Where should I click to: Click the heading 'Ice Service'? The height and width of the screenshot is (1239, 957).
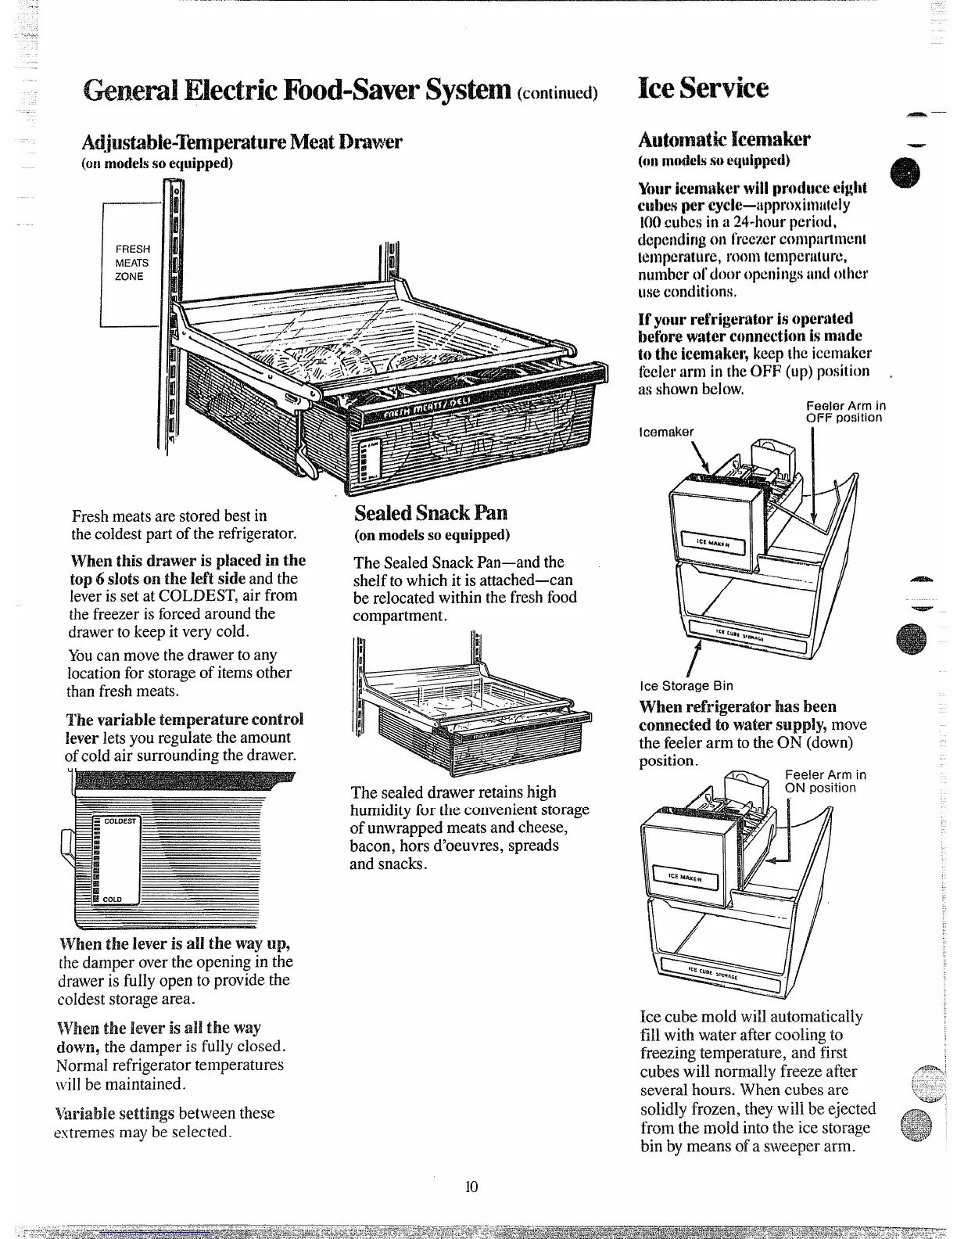tap(704, 87)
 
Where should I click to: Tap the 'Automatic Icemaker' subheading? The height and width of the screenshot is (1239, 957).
tap(724, 139)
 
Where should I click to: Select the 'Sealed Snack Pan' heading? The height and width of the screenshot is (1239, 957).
tap(431, 513)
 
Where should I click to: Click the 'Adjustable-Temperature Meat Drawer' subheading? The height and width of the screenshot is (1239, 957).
tap(242, 142)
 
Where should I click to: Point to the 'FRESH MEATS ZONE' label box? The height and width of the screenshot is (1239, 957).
tap(132, 263)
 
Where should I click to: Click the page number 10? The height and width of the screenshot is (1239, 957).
tap(471, 1187)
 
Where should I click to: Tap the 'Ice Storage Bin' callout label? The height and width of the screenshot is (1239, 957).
tap(686, 686)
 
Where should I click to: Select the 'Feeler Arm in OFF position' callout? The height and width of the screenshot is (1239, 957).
tap(845, 411)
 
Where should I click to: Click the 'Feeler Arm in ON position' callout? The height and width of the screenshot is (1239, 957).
tap(825, 781)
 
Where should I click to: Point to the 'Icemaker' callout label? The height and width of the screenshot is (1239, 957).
tap(666, 432)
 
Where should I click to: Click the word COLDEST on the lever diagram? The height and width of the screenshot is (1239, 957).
tap(120, 821)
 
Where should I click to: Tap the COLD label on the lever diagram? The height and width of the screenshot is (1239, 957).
tap(112, 900)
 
